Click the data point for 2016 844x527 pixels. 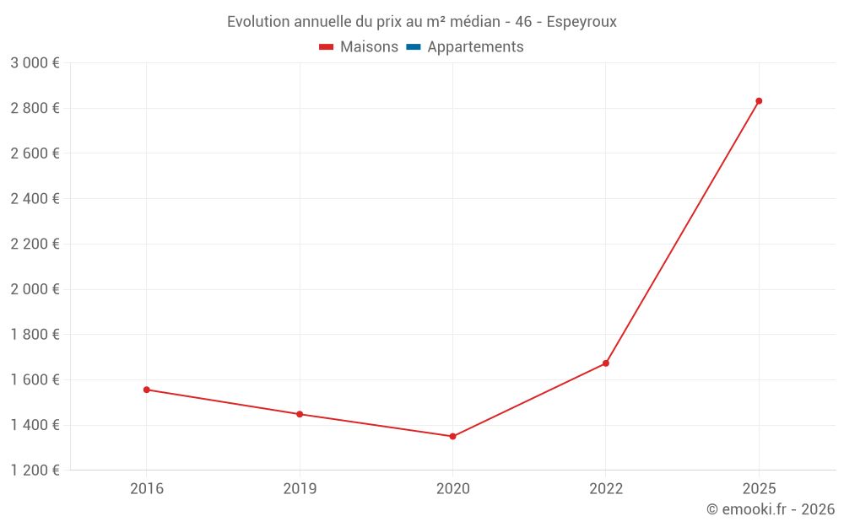(147, 390)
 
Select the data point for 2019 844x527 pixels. (300, 414)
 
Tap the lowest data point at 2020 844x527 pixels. (452, 436)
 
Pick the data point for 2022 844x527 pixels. (606, 363)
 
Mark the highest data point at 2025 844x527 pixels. (759, 101)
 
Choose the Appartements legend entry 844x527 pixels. (475, 47)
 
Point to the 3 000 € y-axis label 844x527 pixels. (35, 63)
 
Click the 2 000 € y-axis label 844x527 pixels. (35, 289)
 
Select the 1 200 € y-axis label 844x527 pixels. (35, 471)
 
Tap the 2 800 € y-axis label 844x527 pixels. (35, 108)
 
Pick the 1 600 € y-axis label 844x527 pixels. (35, 379)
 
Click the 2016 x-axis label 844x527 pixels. (147, 489)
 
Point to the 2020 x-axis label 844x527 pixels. (452, 489)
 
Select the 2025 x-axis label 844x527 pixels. (759, 489)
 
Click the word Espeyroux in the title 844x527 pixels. (582, 22)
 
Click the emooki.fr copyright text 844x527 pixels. (771, 509)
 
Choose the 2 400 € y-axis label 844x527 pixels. (35, 199)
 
